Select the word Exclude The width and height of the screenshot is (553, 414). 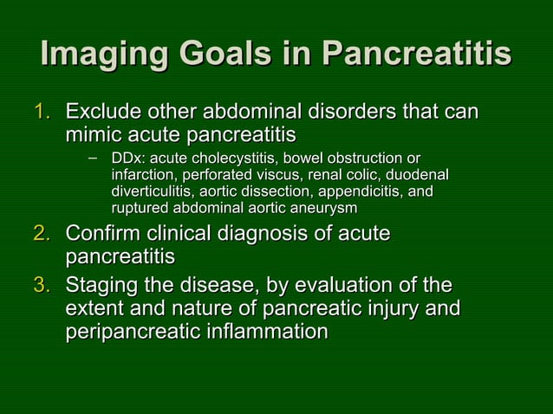[x=105, y=113]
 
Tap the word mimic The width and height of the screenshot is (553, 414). [x=94, y=136]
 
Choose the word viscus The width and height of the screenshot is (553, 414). [x=269, y=176]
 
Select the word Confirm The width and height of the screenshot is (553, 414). [x=103, y=235]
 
